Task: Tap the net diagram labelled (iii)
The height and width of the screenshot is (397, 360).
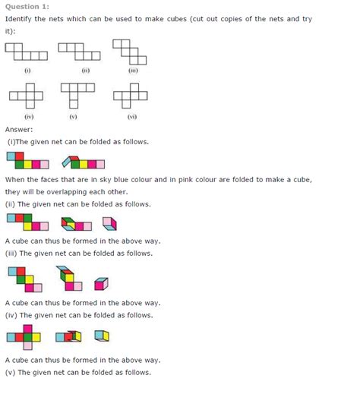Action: tap(130, 52)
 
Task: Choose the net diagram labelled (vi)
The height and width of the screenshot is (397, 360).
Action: tap(129, 96)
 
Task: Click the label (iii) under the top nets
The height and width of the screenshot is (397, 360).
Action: tap(132, 71)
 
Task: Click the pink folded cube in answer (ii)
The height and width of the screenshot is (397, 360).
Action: tap(111, 225)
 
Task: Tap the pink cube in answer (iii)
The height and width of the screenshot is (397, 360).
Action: tap(100, 283)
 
